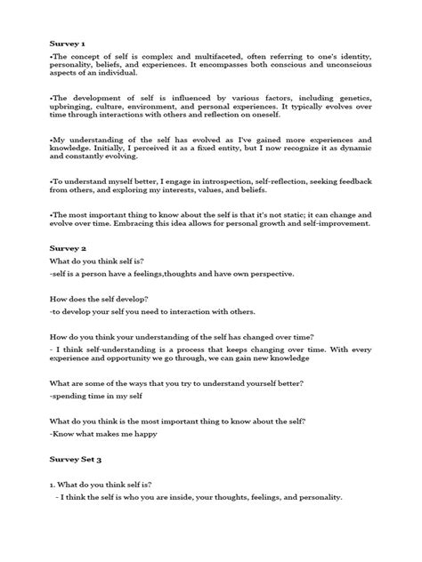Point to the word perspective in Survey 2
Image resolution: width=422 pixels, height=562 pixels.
pyautogui.click(x=256, y=277)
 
